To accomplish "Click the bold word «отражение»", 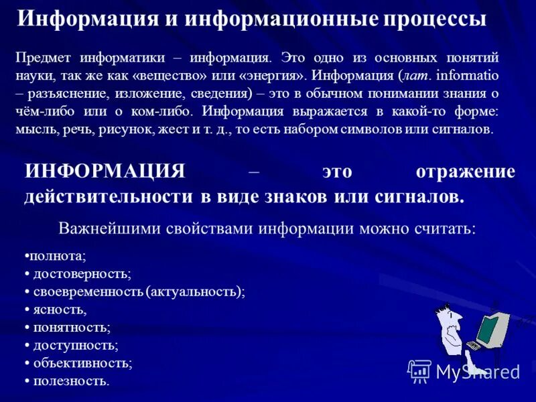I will [465, 172].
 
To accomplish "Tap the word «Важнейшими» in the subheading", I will [100, 228].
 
